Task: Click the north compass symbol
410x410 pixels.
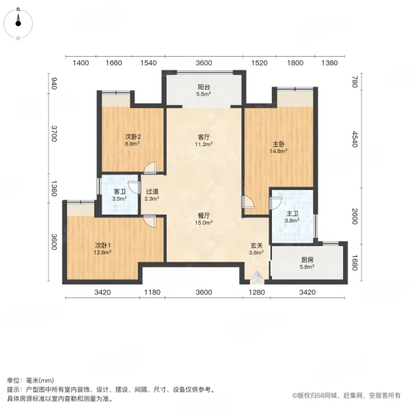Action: (18, 23)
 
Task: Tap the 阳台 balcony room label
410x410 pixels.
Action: (204, 87)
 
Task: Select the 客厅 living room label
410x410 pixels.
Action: (204, 137)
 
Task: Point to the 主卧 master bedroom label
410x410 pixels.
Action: (279, 144)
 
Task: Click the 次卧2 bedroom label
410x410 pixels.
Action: (133, 137)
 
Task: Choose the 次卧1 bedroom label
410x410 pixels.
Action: (102, 245)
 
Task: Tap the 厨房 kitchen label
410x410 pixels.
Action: (307, 260)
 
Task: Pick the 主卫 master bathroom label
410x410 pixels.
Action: (292, 214)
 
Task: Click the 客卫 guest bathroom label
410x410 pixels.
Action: (120, 191)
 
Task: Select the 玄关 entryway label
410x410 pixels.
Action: (256, 245)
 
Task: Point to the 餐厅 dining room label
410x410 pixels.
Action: (204, 216)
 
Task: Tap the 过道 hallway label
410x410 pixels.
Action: (152, 191)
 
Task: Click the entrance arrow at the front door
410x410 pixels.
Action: (256, 276)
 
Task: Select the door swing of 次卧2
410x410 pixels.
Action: (150, 167)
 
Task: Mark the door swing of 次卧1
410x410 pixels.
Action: (150, 221)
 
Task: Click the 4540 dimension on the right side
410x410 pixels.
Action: (354, 139)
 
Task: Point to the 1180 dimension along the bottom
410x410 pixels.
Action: (152, 292)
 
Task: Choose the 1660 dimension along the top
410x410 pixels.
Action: (113, 63)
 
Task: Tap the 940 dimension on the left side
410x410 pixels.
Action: (53, 83)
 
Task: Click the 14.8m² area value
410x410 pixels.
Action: (279, 151)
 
